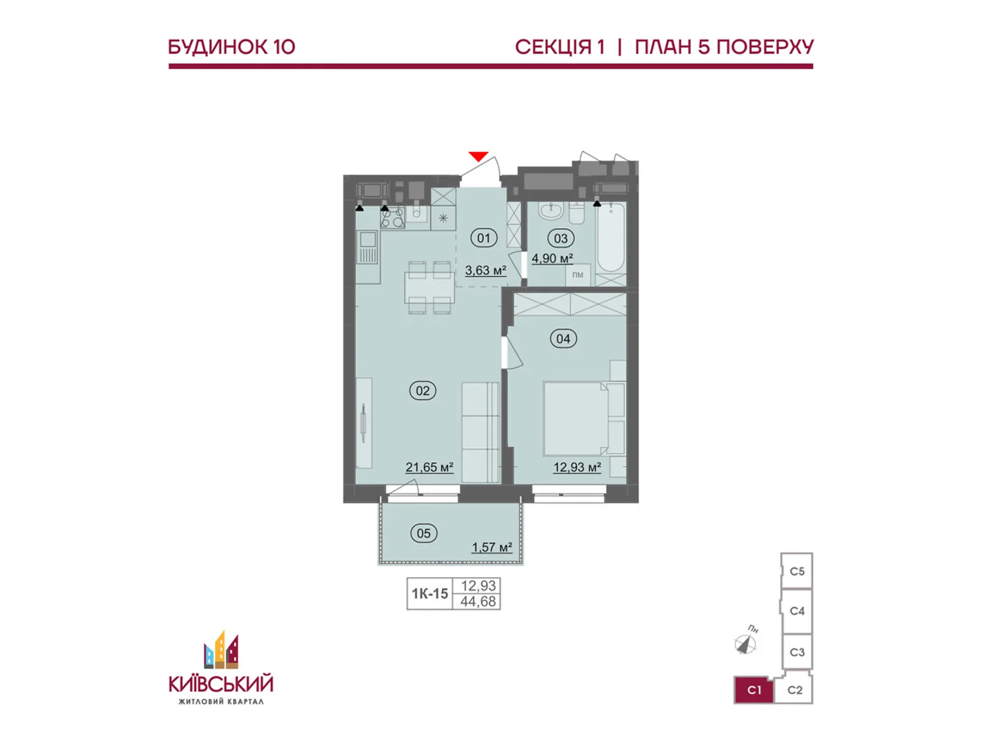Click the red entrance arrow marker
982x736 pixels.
pyautogui.click(x=478, y=156)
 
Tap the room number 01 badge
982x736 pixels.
pyautogui.click(x=484, y=238)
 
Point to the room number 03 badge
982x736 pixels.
pyautogui.click(x=560, y=239)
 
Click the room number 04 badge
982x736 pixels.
pyautogui.click(x=563, y=339)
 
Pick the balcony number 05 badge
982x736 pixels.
pyautogui.click(x=423, y=533)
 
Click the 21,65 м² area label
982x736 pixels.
pyautogui.click(x=430, y=467)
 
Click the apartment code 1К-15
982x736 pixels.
pyautogui.click(x=430, y=594)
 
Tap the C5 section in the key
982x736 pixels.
pyautogui.click(x=797, y=572)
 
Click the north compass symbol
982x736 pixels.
pyautogui.click(x=746, y=643)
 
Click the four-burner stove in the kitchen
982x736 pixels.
pyautogui.click(x=392, y=218)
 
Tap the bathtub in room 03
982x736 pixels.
pyautogui.click(x=611, y=237)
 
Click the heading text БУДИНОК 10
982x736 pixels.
pyautogui.click(x=232, y=47)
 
